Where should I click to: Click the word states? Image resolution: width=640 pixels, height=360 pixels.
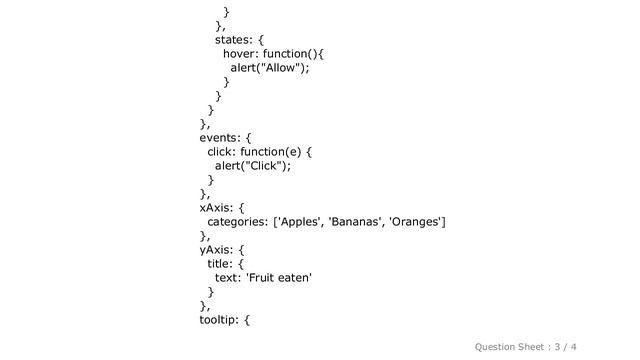tap(233, 40)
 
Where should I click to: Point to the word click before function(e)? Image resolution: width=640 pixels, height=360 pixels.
tap(221, 152)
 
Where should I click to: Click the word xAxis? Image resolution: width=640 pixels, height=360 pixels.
tap(216, 208)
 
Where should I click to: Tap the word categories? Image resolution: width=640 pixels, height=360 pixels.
tap(238, 222)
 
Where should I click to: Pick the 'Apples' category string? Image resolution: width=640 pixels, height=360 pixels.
tap(300, 222)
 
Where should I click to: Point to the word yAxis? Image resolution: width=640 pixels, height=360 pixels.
tap(216, 250)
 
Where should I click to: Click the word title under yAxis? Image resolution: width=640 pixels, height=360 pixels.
tap(220, 264)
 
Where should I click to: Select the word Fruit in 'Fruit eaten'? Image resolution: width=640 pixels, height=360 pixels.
tap(261, 278)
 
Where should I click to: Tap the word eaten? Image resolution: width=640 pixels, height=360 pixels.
tap(296, 278)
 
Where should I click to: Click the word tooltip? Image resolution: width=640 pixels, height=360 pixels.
tap(219, 320)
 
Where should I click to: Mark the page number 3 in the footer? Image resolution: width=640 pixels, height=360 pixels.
tap(558, 347)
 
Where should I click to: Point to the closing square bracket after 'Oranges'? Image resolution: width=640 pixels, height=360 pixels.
tap(444, 222)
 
